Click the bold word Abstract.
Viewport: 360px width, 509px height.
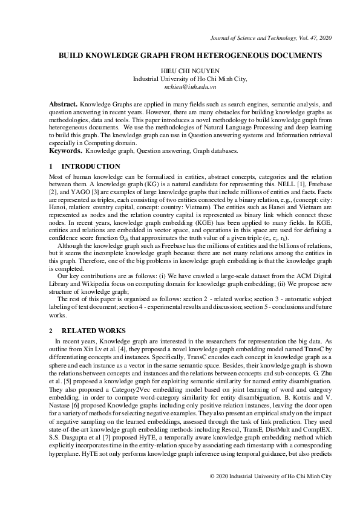63,105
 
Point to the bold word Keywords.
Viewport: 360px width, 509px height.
65,150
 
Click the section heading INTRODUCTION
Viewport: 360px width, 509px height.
91,165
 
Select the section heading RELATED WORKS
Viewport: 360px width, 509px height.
94,331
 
